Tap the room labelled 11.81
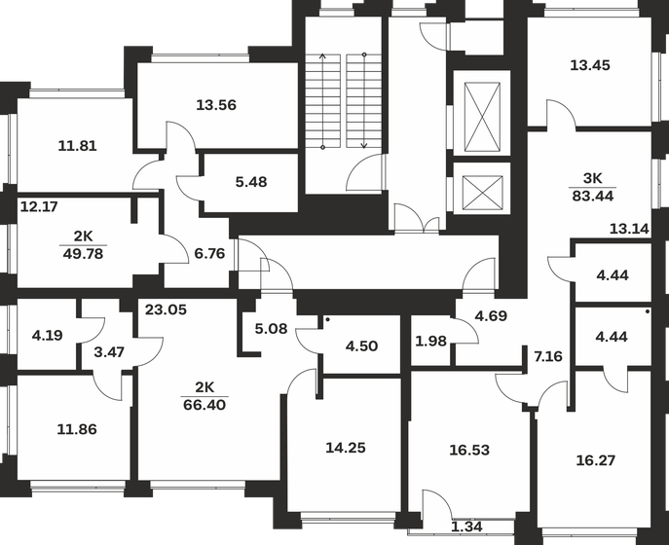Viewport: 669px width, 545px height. click(x=78, y=147)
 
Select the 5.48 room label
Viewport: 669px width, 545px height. click(x=251, y=182)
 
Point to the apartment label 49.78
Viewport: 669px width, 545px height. click(x=82, y=255)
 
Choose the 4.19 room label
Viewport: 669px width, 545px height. click(x=48, y=335)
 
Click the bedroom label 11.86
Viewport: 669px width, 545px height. click(x=78, y=428)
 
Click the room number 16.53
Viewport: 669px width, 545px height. click(x=469, y=452)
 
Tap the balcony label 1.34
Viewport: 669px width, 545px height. click(x=467, y=527)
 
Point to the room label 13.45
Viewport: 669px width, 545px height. click(x=591, y=66)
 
